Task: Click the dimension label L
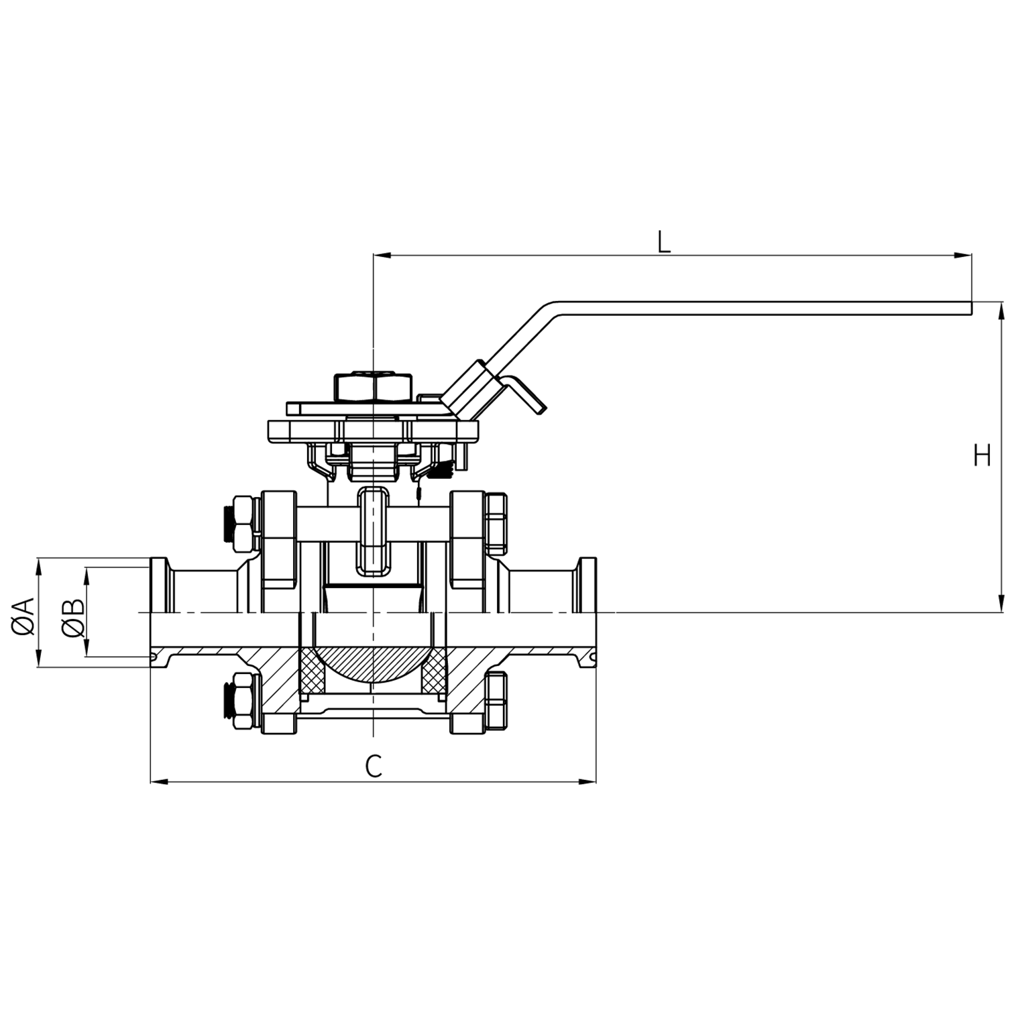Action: (x=663, y=241)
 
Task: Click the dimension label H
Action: (x=982, y=457)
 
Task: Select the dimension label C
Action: (x=374, y=766)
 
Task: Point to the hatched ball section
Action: (x=373, y=664)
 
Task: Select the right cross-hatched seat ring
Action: (x=434, y=671)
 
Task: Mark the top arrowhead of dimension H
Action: (x=1001, y=309)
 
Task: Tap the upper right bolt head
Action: (x=496, y=520)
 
